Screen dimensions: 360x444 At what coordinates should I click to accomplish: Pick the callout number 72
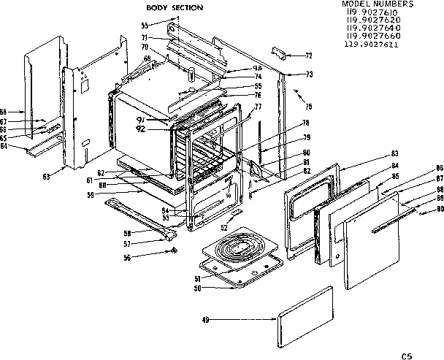[308, 55]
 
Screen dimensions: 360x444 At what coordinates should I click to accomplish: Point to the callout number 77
[256, 107]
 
